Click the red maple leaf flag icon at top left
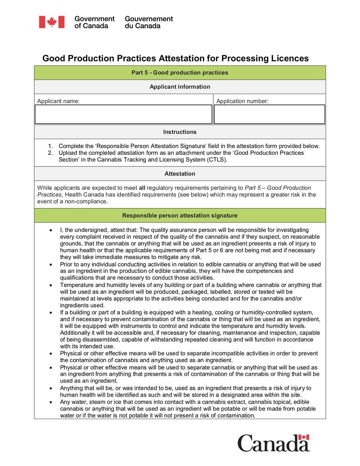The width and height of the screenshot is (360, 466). [51, 22]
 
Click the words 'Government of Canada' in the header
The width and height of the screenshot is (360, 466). [94, 22]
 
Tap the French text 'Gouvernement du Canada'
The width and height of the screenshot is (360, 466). [148, 22]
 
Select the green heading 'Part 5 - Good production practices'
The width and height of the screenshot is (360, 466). [180, 72]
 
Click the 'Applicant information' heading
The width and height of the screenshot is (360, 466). [180, 86]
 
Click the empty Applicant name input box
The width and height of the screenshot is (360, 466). [123, 114]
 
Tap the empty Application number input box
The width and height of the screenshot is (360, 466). [269, 114]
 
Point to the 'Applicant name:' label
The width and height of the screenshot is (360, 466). [58, 101]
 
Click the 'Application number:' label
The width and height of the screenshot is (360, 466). [242, 101]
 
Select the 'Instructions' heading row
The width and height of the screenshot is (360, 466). [180, 132]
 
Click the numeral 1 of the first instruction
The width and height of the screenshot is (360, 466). [50, 146]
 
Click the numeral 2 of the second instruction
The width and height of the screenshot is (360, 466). [50, 153]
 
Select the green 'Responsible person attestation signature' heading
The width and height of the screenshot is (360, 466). [180, 216]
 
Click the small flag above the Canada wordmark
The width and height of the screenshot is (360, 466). [305, 437]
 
